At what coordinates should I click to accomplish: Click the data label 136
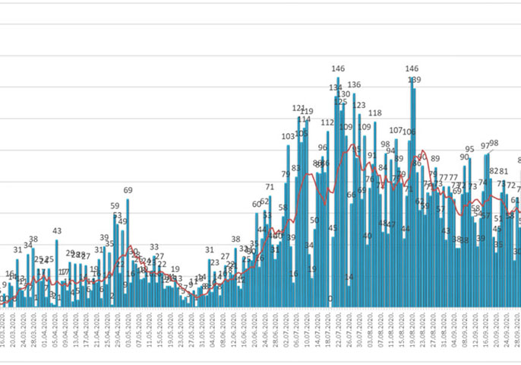click(353, 84)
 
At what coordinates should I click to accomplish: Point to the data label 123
click(359, 106)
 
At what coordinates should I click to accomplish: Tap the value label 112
click(327, 122)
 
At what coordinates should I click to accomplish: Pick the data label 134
click(335, 88)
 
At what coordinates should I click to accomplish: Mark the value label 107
click(396, 131)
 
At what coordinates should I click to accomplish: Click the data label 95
click(469, 149)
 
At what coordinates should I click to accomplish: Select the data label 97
click(486, 146)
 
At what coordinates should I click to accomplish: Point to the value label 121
click(298, 109)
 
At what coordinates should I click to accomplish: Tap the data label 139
click(414, 80)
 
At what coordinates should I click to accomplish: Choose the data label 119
click(307, 112)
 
